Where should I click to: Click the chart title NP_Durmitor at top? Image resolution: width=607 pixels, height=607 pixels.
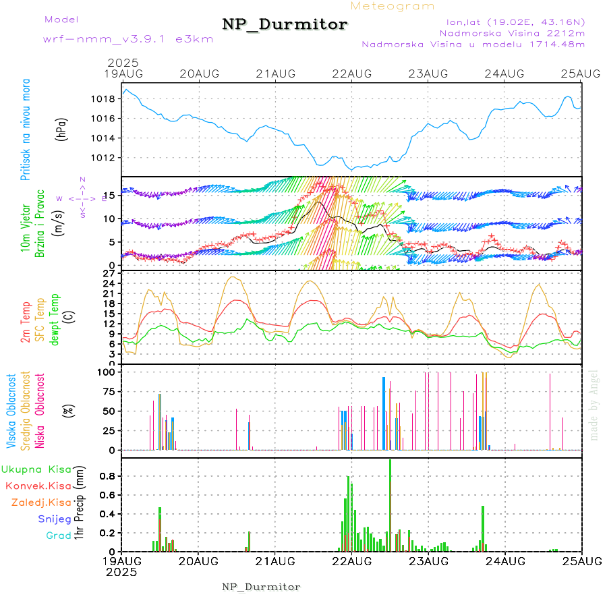pyautogui.click(x=285, y=25)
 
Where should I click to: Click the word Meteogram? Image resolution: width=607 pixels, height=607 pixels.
pyautogui.click(x=393, y=6)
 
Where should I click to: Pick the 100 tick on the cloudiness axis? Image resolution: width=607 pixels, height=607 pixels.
pyautogui.click(x=109, y=372)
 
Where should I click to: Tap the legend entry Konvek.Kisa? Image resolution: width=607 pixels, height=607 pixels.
pyautogui.click(x=38, y=486)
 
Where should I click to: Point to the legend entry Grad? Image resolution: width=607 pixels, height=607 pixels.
pyautogui.click(x=58, y=536)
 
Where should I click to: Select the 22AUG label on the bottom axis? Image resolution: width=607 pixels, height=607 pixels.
pyautogui.click(x=351, y=561)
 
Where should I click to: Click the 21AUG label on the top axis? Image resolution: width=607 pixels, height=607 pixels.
pyautogui.click(x=275, y=74)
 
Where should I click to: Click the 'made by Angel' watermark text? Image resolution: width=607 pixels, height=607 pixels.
pyautogui.click(x=594, y=404)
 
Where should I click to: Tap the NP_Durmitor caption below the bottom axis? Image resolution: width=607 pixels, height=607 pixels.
pyautogui.click(x=261, y=587)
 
